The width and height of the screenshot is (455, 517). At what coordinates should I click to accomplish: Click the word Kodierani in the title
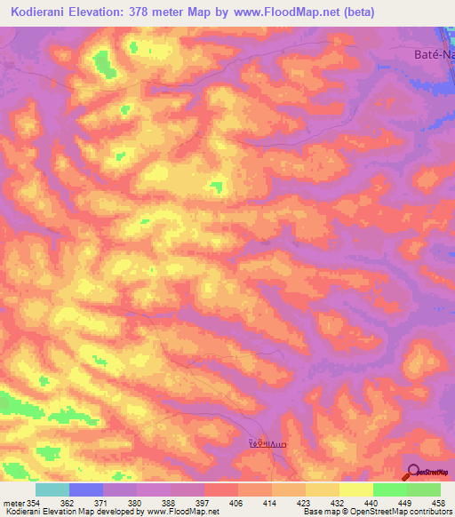coord(44,12)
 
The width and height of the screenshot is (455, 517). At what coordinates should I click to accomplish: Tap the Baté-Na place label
coord(422,53)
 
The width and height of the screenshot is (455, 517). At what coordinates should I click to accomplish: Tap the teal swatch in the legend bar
coord(52,489)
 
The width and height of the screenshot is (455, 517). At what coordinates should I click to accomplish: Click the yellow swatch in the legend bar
coord(356,489)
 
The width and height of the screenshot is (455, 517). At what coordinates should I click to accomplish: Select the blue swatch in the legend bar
coord(86,489)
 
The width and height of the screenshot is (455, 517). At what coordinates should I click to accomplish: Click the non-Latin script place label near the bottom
coord(267,441)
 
